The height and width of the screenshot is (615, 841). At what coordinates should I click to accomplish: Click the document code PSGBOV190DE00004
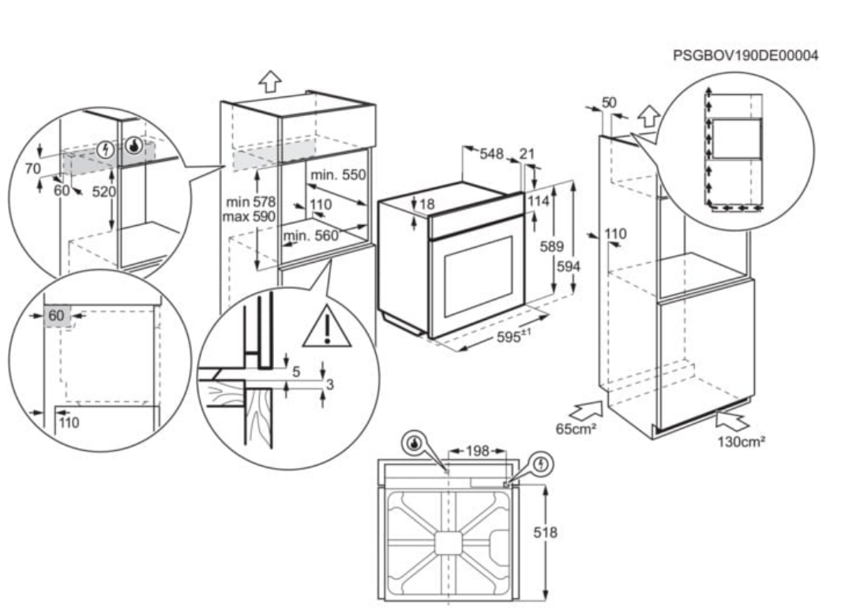tap(745, 56)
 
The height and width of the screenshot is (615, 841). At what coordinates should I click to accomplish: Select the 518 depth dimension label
tap(545, 533)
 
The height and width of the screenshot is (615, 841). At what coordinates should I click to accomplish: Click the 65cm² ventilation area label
tap(576, 429)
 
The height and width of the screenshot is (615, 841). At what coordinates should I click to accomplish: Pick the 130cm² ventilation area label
tap(741, 441)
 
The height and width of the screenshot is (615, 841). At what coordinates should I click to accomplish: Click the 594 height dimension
tap(569, 267)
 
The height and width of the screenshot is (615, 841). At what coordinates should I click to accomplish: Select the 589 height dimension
tap(551, 247)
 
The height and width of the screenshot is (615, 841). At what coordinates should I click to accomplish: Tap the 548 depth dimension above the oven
tap(492, 155)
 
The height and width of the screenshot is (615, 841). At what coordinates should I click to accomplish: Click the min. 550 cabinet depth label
tap(338, 174)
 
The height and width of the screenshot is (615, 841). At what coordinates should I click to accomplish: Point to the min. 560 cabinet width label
tap(311, 235)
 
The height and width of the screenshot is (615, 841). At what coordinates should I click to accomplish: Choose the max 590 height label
tap(249, 216)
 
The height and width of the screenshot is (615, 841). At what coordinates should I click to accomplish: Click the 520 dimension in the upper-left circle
tap(103, 192)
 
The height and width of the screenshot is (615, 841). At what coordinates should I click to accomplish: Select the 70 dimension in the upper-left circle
tap(32, 168)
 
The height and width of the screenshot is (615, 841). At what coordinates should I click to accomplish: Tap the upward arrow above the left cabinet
tap(271, 81)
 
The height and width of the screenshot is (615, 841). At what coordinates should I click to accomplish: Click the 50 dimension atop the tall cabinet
tap(609, 103)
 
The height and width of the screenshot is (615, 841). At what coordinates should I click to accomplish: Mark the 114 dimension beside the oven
tap(538, 201)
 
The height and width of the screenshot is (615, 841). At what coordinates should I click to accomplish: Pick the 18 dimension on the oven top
tap(426, 204)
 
